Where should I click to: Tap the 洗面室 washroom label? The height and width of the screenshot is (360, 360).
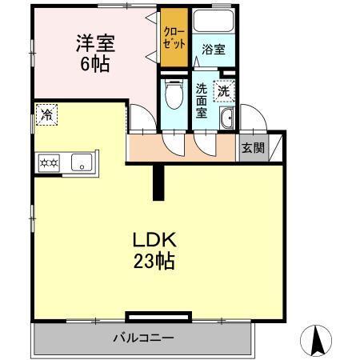click(x=202, y=102)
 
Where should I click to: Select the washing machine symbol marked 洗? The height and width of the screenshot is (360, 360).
click(x=226, y=91)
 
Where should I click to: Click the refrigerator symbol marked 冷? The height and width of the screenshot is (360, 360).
click(x=47, y=114)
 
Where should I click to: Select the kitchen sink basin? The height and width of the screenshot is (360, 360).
click(x=82, y=163)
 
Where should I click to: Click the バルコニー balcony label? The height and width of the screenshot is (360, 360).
click(x=142, y=338)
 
